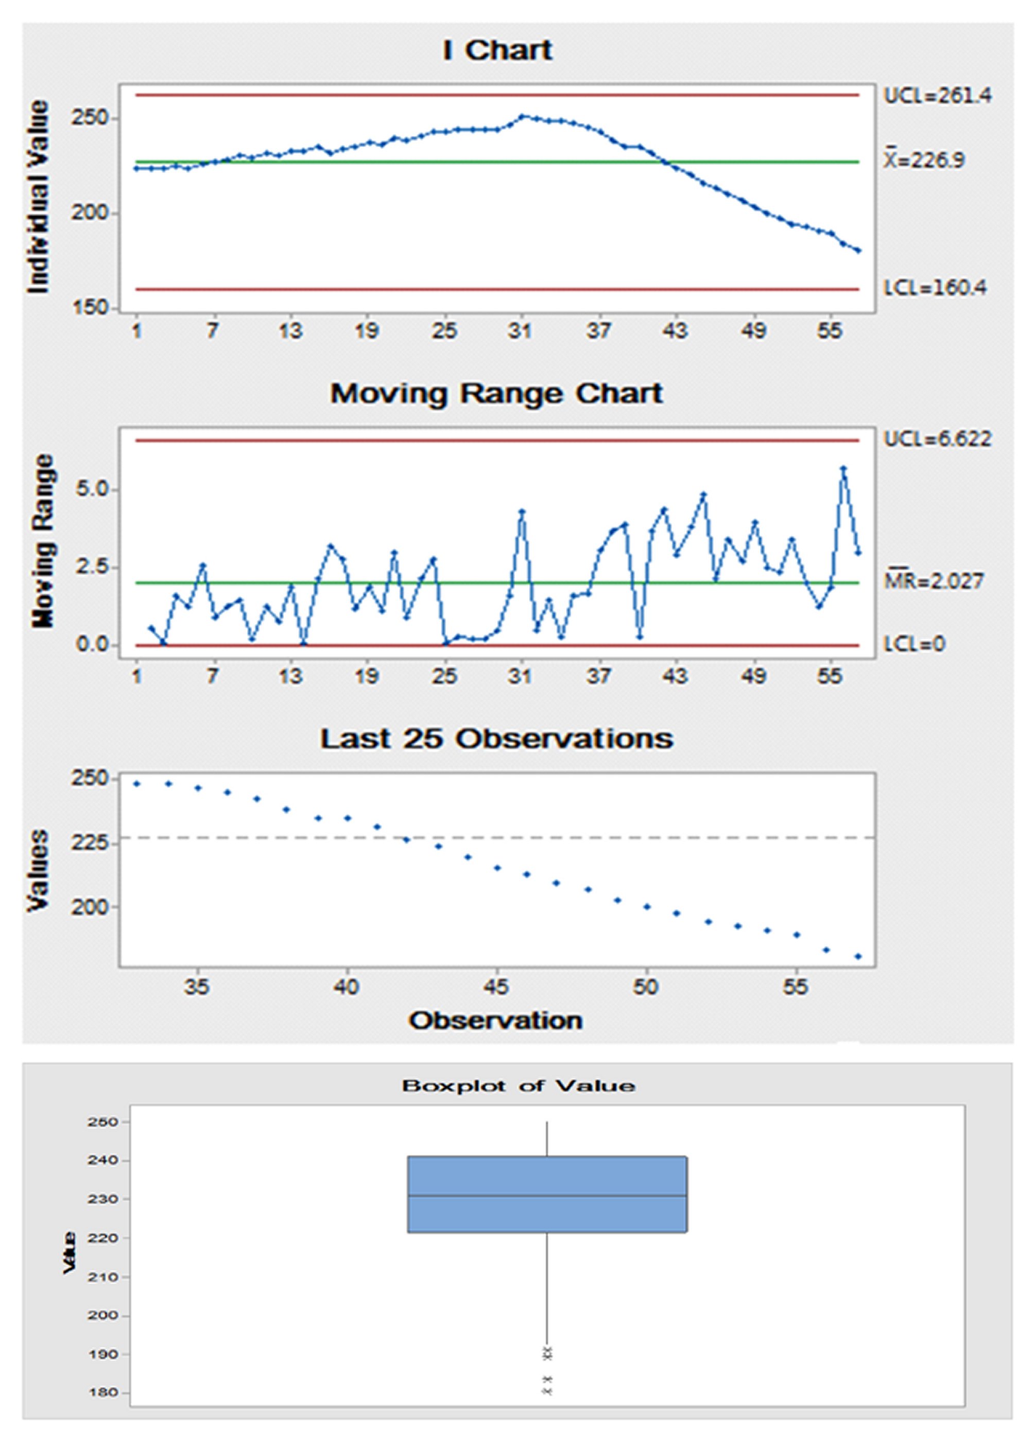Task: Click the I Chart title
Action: [497, 51]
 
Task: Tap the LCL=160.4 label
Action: [935, 288]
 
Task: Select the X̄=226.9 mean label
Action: [925, 161]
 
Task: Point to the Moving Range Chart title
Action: [497, 394]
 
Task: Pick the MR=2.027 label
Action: [934, 581]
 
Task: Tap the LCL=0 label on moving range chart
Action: [915, 644]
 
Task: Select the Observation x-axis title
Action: [496, 1021]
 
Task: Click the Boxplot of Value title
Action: [518, 1086]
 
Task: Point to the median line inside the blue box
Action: [547, 1196]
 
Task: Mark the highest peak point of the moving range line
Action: [843, 468]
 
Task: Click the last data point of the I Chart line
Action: [858, 251]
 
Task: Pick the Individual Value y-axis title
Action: [39, 197]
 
